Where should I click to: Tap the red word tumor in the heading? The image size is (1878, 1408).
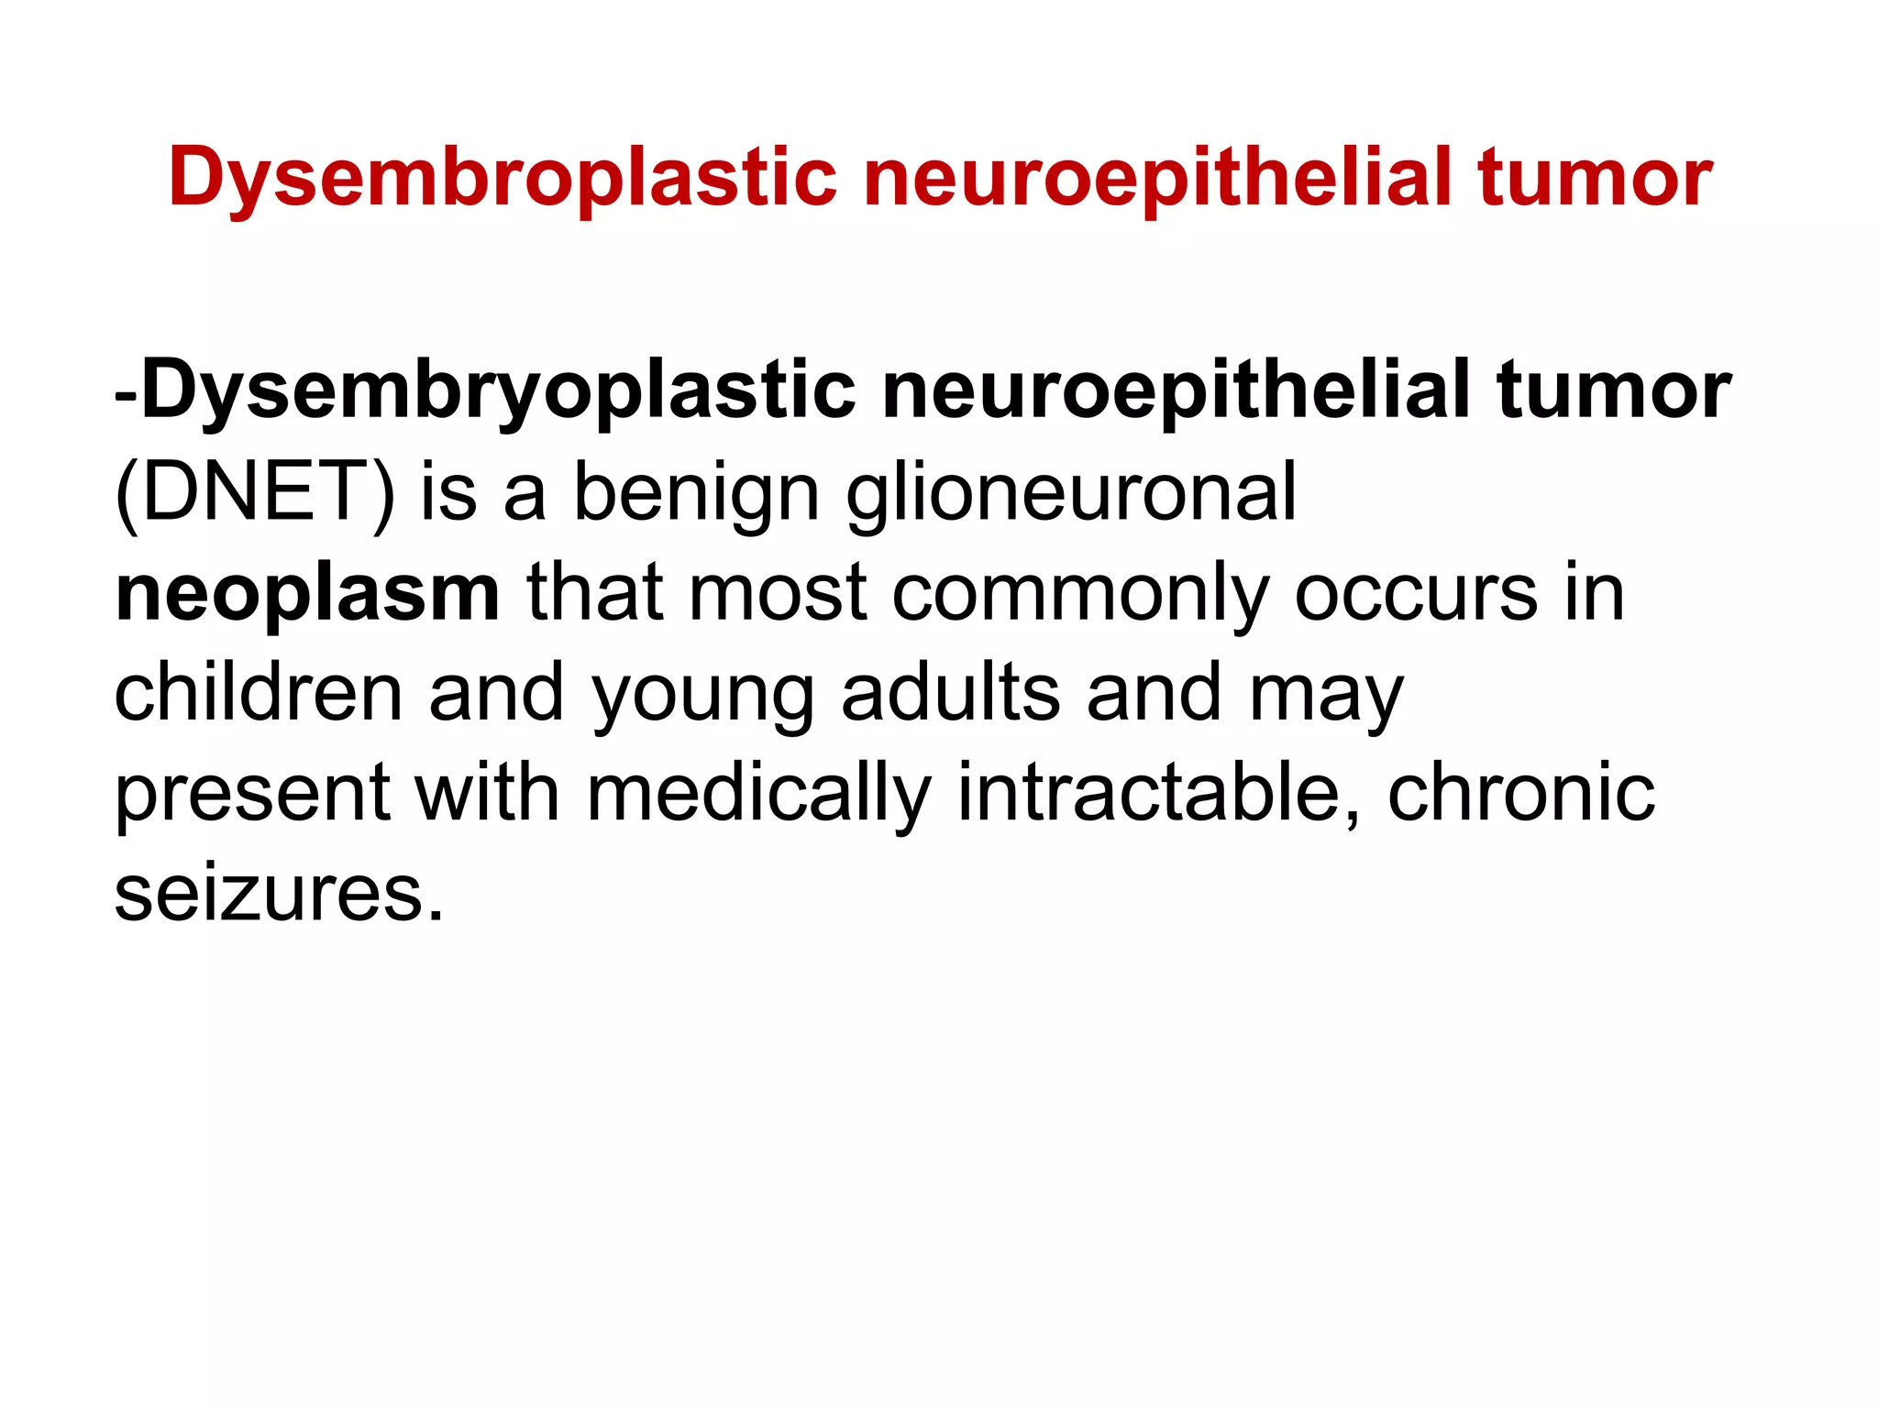coord(1594,178)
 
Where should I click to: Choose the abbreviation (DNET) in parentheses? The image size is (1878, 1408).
coord(255,493)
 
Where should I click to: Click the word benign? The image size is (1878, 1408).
coord(696,493)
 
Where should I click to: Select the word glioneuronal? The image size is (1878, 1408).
coord(1070,493)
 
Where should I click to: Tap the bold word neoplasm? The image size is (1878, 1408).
coord(307,594)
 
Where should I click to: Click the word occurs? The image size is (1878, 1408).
coord(1416,594)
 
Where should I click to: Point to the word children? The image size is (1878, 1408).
coord(259,693)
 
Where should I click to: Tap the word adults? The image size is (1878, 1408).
coord(950,693)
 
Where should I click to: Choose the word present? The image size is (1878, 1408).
coord(252,794)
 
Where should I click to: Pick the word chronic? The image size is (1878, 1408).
coord(1520,794)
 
